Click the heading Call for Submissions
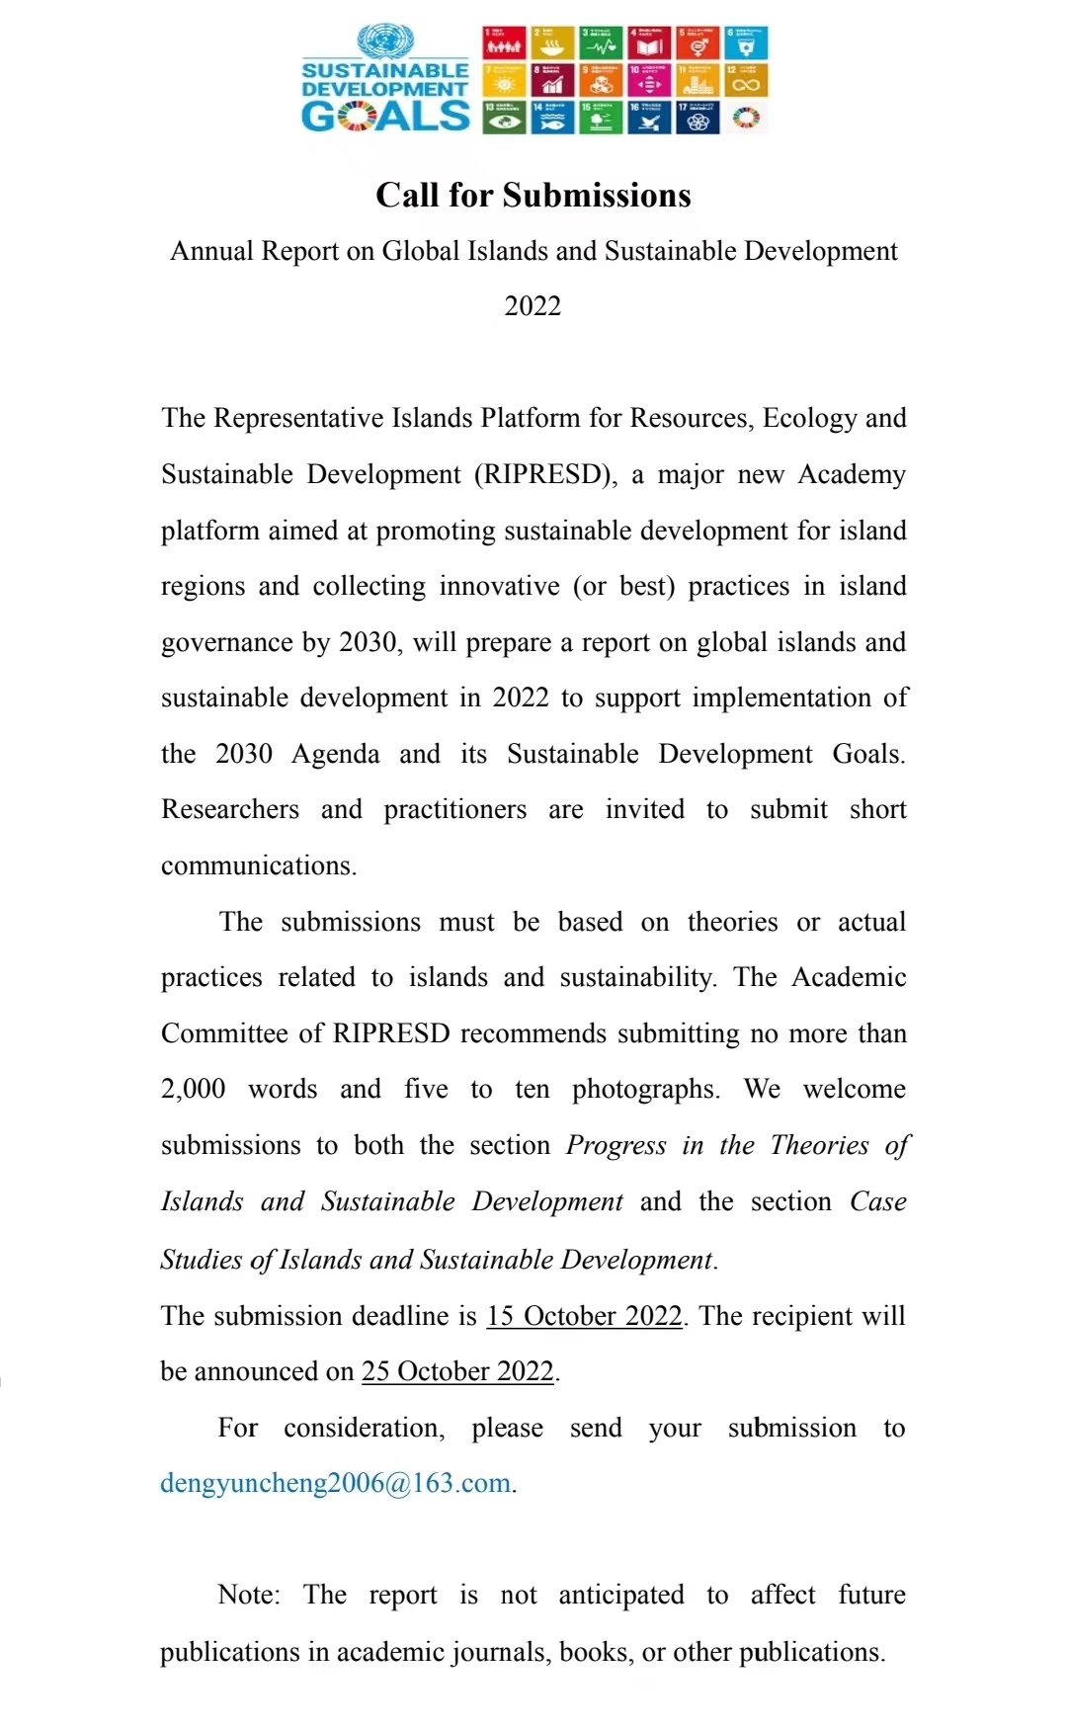tap(533, 196)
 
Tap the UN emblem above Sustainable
tap(385, 41)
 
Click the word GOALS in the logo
tap(385, 117)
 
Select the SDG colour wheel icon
tap(747, 119)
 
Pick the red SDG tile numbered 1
tap(504, 43)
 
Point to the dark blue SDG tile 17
tap(698, 119)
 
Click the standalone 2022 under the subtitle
tap(533, 306)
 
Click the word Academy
tap(852, 475)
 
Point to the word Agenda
tap(336, 755)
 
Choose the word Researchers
tap(230, 810)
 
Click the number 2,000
tap(194, 1090)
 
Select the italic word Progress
tap(616, 1146)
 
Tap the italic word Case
tap(878, 1202)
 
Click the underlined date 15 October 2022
tap(584, 1317)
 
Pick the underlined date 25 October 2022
tap(457, 1372)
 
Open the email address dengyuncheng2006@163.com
tap(336, 1484)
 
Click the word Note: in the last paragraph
tap(249, 1596)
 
